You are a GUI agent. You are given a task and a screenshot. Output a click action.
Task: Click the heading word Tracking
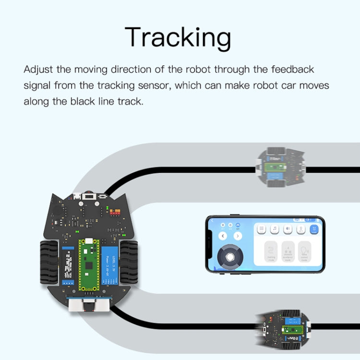tap(178, 37)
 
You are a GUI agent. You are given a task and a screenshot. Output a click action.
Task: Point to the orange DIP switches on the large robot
tap(116, 211)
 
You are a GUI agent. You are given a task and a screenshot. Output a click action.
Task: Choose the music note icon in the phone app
tap(276, 229)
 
